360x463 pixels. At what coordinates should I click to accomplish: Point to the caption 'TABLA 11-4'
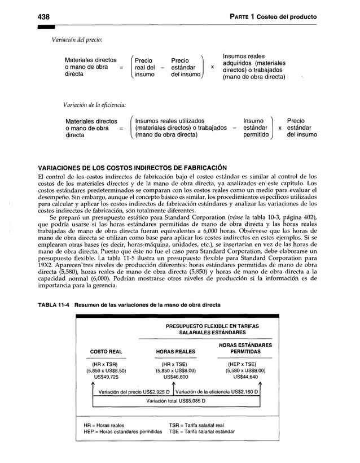click(x=54, y=305)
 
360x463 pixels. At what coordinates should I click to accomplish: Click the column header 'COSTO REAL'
click(x=106, y=352)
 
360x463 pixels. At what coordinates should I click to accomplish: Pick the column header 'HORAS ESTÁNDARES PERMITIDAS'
click(x=245, y=348)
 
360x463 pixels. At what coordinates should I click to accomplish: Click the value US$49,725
click(x=106, y=377)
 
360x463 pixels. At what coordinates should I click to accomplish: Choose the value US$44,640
click(x=245, y=377)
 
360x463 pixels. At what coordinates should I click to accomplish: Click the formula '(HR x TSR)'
click(x=106, y=364)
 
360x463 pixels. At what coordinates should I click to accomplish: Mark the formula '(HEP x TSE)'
click(x=245, y=364)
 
